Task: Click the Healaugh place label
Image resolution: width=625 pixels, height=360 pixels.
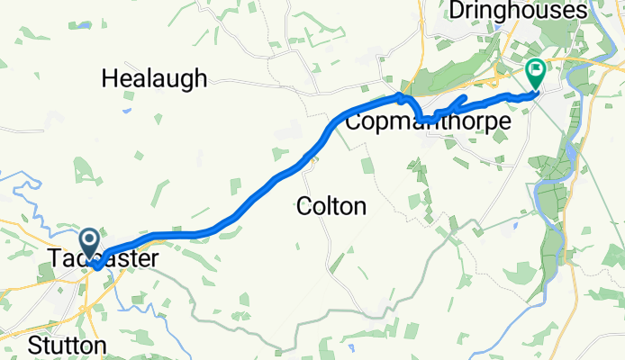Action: click(154, 78)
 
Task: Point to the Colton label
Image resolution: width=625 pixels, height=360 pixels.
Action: click(331, 207)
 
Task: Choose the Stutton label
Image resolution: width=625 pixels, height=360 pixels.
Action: click(67, 345)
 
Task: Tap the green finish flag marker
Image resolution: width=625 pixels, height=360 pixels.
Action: click(535, 69)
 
